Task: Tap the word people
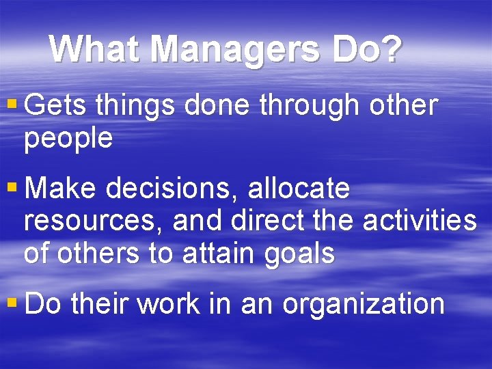click(68, 139)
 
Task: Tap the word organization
click(364, 303)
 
